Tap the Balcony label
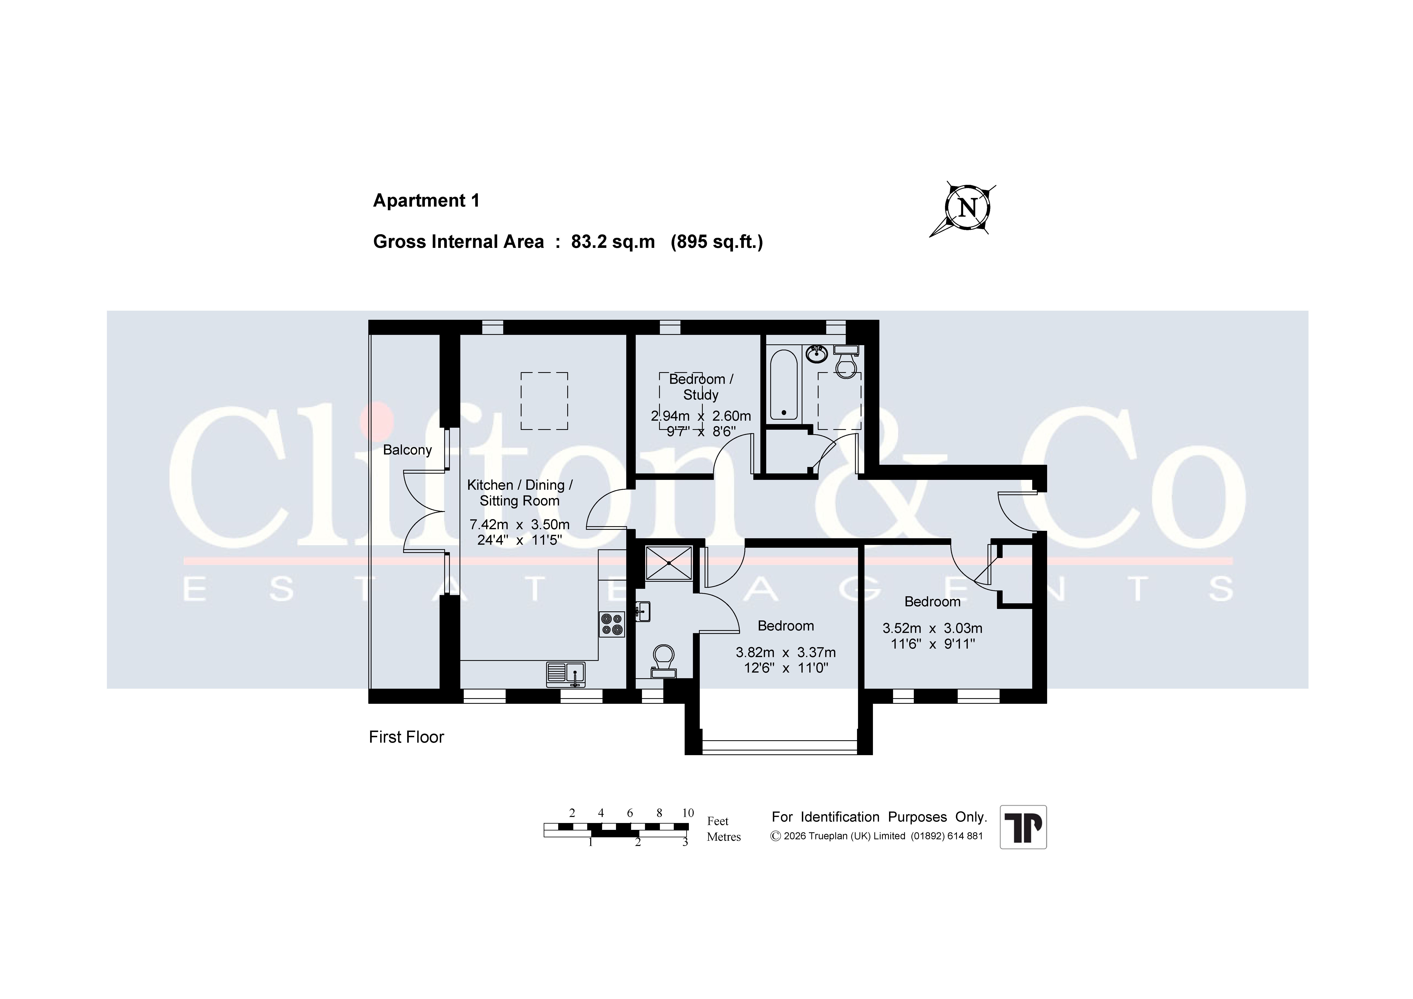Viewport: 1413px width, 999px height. pyautogui.click(x=407, y=450)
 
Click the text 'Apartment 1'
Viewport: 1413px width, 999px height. pyautogui.click(x=426, y=201)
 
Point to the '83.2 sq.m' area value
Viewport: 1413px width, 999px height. pyautogui.click(x=613, y=242)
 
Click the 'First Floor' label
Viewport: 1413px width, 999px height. pyautogui.click(x=406, y=737)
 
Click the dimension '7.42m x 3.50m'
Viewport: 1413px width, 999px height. pyautogui.click(x=519, y=524)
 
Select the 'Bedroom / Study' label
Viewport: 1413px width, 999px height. pyautogui.click(x=701, y=387)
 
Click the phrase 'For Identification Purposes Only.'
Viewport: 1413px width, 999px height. pyautogui.click(x=879, y=817)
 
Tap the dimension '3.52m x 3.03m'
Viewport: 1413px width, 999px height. pyautogui.click(x=932, y=628)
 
